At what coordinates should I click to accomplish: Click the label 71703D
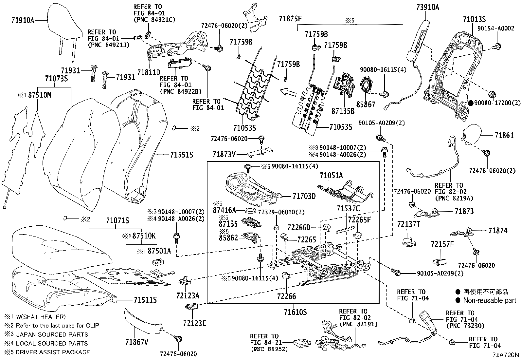304,196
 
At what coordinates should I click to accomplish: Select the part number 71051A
331,176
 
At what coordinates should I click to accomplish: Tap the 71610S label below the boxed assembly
296,312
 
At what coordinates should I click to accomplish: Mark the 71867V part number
136,342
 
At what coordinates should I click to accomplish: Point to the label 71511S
145,300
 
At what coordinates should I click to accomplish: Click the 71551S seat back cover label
182,154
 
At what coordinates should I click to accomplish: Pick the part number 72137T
408,224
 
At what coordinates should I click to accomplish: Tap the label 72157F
442,244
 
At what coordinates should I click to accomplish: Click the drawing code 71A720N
506,355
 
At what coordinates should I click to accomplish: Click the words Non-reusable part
489,300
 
